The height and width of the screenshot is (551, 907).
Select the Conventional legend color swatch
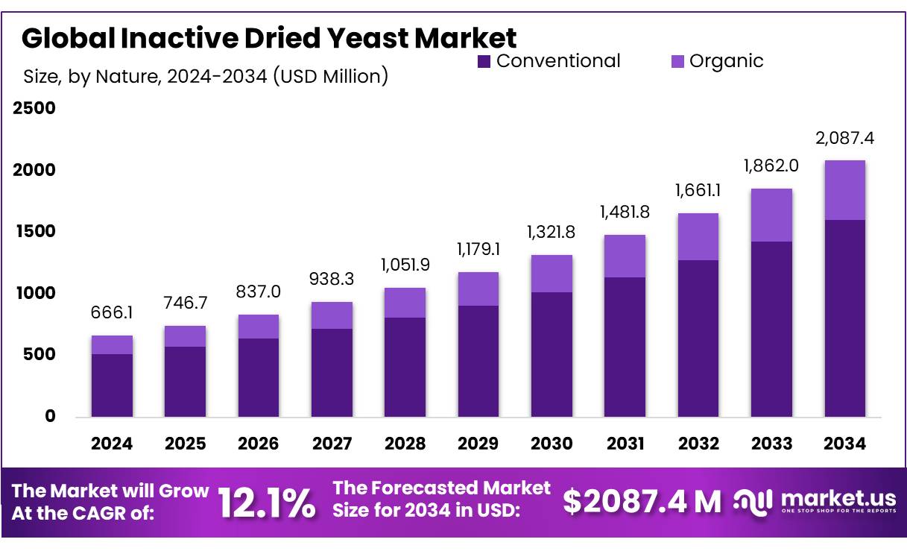[x=484, y=61]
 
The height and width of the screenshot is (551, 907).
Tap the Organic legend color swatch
[x=677, y=61]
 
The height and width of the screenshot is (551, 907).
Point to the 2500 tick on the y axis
[x=34, y=109]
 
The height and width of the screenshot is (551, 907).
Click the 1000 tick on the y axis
[x=34, y=294]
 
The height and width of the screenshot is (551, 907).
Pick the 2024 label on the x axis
[x=112, y=444]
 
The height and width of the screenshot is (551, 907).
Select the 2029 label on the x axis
[x=478, y=444]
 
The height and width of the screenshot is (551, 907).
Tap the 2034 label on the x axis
[x=844, y=444]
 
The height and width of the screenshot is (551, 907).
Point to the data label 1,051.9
[x=405, y=265]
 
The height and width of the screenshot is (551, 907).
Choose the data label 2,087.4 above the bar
[x=844, y=139]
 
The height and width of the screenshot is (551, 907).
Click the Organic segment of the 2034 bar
[x=844, y=190]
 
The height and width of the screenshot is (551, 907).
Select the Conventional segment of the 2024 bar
[x=112, y=385]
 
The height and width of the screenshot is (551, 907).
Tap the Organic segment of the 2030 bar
[x=552, y=274]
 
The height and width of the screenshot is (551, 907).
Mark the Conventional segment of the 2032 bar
[x=698, y=338]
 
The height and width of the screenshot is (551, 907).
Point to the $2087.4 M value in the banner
[x=642, y=502]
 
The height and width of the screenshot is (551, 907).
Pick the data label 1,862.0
[x=771, y=166]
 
